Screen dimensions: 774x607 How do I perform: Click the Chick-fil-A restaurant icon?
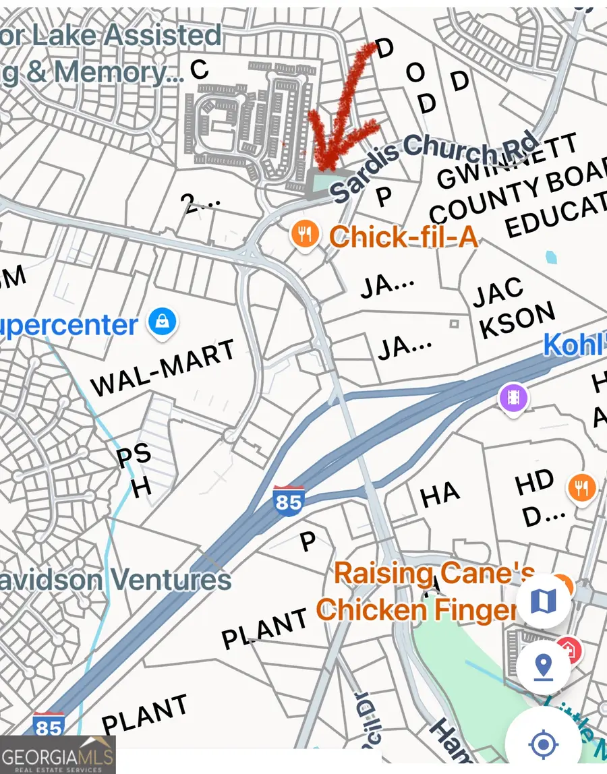[305, 235]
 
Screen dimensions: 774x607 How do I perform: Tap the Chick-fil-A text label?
[403, 237]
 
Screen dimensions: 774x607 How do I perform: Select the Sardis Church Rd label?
[436, 166]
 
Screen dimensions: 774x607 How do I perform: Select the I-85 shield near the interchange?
[289, 500]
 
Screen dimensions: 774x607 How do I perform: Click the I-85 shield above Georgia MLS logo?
[49, 725]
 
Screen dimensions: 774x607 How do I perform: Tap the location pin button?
[543, 667]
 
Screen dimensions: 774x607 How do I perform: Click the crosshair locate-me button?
[543, 744]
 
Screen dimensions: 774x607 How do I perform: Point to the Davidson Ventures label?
[115, 579]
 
